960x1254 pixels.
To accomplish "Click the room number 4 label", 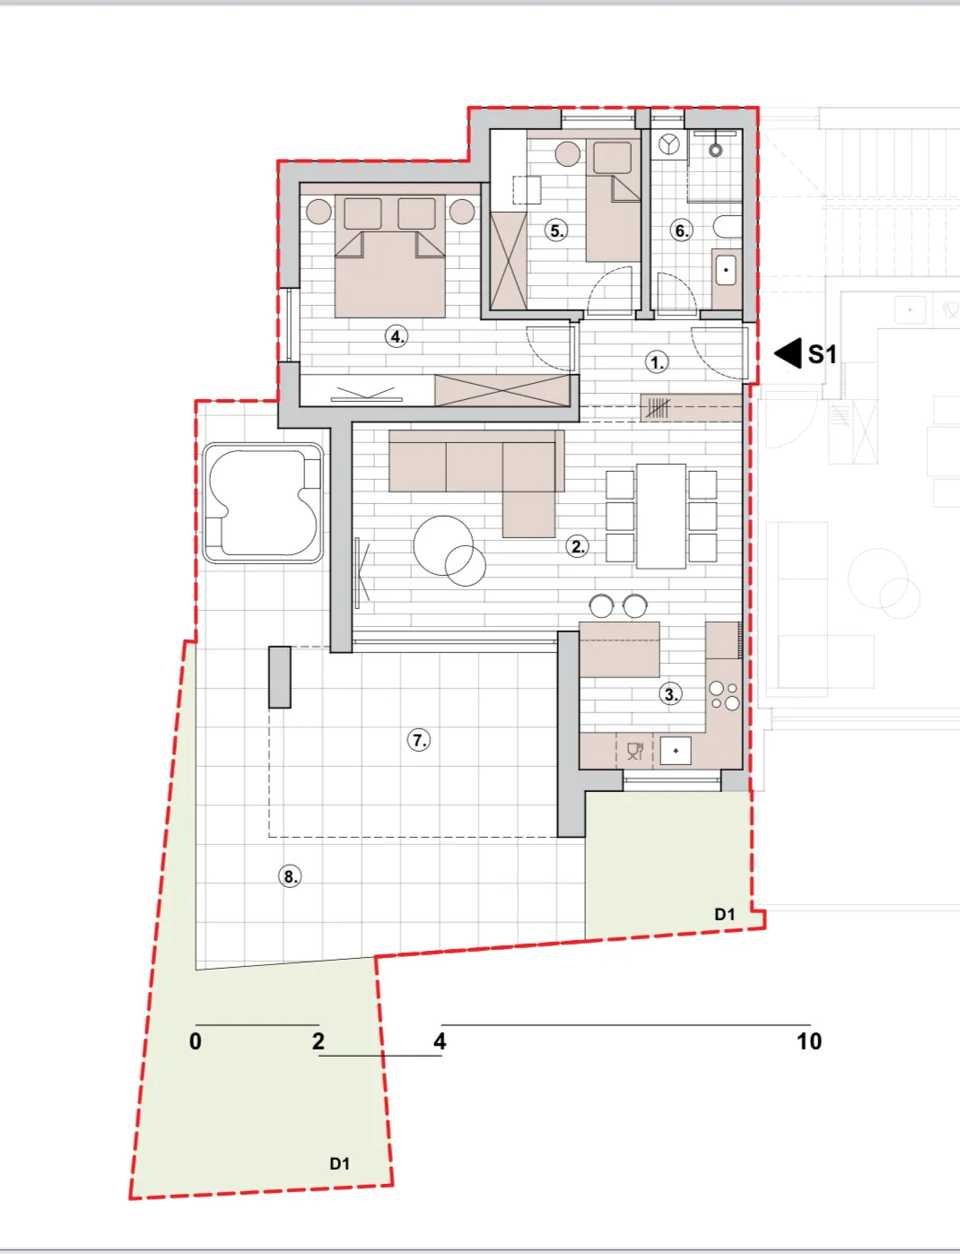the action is (397, 335).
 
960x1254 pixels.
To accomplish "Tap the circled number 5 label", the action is (556, 231).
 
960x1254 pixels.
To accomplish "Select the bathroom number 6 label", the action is (681, 231).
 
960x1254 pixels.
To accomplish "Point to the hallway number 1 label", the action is (657, 362).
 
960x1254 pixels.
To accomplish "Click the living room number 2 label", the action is (577, 547).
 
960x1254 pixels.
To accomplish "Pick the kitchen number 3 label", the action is (671, 694).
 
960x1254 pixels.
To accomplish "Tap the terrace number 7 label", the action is (419, 740).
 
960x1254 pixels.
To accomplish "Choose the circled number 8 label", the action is (290, 876).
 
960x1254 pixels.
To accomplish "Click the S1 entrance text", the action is (823, 355).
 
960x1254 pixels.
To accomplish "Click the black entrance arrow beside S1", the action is (789, 353).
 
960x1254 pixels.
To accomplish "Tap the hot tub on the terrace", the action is (263, 503).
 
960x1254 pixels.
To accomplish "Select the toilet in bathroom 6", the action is (728, 226).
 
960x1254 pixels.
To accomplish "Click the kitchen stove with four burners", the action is (724, 696).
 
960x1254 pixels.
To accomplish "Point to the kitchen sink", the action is (676, 751).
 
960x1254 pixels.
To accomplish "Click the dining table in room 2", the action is (661, 517).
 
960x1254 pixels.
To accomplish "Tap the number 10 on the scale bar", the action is (809, 1041).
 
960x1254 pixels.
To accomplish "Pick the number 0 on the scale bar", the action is (196, 1041).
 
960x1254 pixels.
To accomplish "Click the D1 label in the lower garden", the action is (339, 1163).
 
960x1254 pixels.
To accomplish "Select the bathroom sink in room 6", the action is (726, 270).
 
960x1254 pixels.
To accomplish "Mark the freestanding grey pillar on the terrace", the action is (279, 677).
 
